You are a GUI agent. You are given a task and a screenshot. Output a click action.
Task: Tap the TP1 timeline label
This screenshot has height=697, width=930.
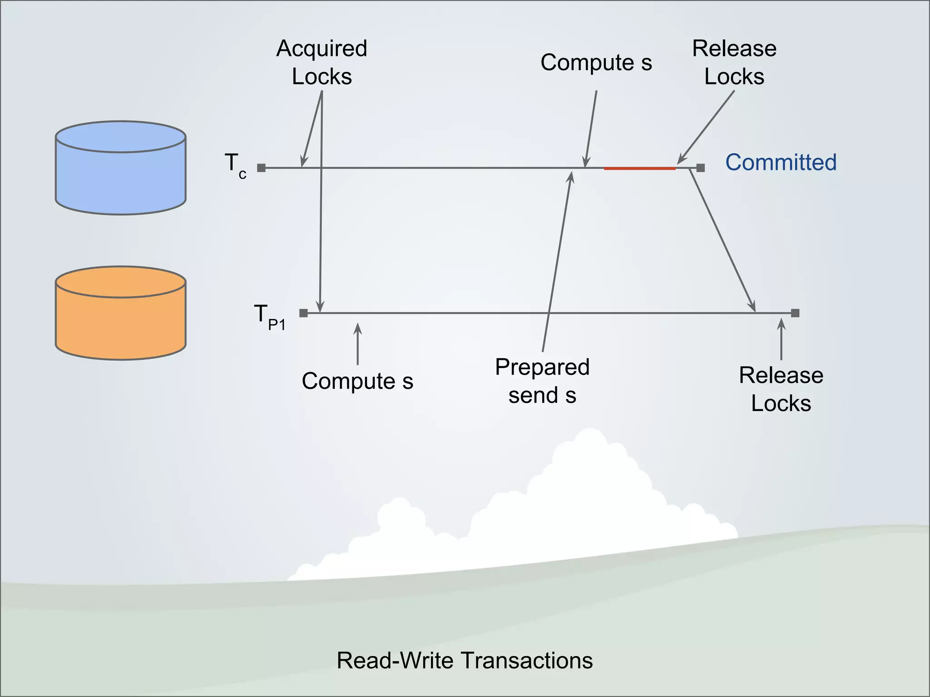269,316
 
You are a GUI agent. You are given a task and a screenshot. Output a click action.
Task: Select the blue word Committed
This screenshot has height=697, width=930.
781,162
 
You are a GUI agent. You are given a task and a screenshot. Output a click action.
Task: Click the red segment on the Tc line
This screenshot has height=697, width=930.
639,168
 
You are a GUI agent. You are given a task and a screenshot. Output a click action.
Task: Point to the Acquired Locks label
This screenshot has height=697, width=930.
322,62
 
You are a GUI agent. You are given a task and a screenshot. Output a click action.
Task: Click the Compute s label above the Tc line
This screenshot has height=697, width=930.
596,62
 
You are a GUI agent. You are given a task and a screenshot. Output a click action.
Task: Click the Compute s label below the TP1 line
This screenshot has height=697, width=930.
357,381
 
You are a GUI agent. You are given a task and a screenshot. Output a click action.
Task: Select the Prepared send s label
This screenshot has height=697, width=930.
542,381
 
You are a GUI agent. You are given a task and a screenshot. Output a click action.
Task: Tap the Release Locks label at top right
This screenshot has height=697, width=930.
734,62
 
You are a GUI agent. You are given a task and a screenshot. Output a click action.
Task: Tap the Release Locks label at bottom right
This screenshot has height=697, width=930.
781,389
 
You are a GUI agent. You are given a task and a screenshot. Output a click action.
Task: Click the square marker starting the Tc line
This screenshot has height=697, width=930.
261,168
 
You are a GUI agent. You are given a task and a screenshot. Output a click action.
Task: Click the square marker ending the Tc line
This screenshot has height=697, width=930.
700,168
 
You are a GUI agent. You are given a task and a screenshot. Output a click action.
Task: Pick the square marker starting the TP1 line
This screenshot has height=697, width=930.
303,313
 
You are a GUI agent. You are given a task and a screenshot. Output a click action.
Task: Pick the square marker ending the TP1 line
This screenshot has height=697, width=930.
795,313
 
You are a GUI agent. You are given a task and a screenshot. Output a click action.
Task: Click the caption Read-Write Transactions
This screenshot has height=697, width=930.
465,660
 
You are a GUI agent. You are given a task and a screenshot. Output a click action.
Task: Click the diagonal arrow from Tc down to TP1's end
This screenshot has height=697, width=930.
722,241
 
